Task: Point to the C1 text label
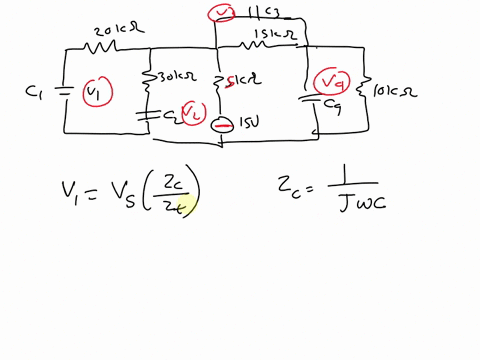(35, 91)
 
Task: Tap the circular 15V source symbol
(223, 124)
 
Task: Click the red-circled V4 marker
(330, 82)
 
